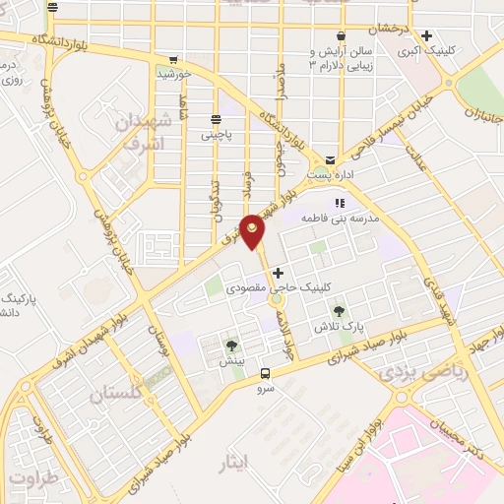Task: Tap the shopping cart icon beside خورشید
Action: pyautogui.click(x=174, y=59)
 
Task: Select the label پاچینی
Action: pyautogui.click(x=216, y=136)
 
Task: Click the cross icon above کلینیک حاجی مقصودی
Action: pyautogui.click(x=278, y=272)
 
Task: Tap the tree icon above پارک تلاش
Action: pyautogui.click(x=339, y=311)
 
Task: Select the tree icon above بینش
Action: pyautogui.click(x=231, y=345)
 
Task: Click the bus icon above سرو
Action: pyautogui.click(x=265, y=373)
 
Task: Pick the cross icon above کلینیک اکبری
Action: pyautogui.click(x=425, y=35)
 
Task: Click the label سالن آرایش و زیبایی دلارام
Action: pyautogui.click(x=340, y=57)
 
